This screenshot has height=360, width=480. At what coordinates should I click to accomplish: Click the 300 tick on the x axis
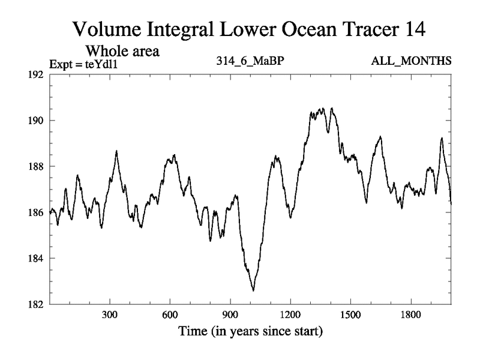tap(110, 314)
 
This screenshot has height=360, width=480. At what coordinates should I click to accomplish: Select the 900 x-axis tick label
tap(230, 314)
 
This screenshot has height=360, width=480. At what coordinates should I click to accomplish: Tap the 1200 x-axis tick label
tap(290, 314)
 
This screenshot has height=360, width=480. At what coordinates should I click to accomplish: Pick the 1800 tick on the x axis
tap(410, 314)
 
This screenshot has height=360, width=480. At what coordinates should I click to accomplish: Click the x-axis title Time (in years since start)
tap(250, 331)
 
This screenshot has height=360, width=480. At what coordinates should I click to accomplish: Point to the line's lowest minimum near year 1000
tap(253, 290)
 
